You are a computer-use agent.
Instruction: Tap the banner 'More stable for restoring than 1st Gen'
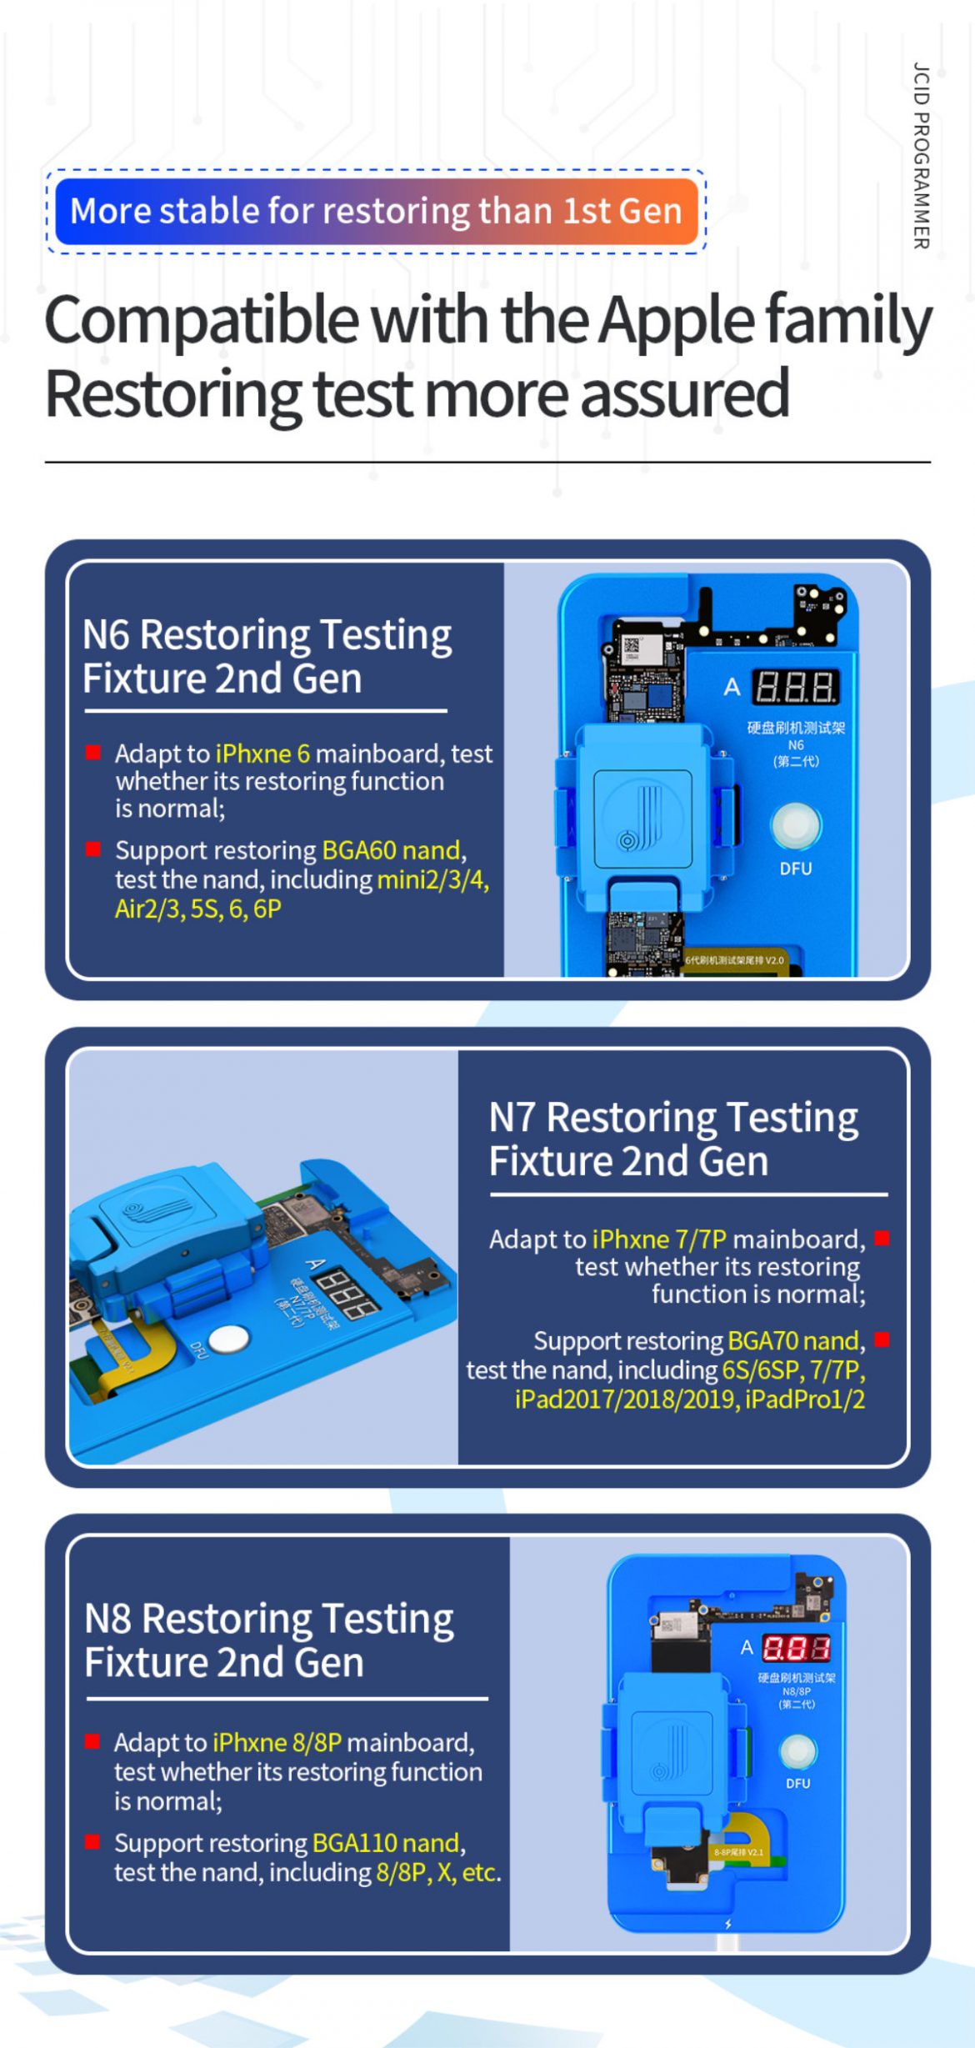tap(376, 211)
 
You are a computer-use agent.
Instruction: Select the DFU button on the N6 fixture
tap(796, 824)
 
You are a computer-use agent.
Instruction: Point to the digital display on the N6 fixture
tap(795, 688)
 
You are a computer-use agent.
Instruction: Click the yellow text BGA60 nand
tap(391, 850)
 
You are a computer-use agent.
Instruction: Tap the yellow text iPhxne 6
tap(262, 754)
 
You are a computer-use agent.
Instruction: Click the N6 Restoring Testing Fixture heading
tap(267, 656)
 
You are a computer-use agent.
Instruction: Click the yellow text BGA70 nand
tap(792, 1340)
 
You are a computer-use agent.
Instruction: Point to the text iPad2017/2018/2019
tap(626, 1399)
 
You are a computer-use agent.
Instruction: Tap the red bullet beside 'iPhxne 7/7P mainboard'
tap(882, 1239)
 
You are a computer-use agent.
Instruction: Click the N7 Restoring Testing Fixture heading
tap(672, 1139)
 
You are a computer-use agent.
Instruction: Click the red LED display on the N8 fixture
tap(796, 1648)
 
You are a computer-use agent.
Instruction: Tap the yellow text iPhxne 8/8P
tap(277, 1743)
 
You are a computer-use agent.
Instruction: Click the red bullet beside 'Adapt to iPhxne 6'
tap(93, 754)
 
